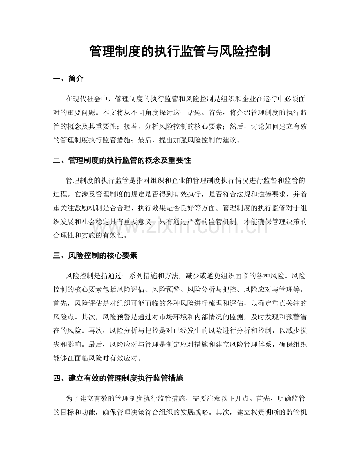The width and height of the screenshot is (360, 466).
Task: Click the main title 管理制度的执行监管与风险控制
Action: coord(180,51)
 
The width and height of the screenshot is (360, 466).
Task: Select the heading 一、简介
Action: coord(68,79)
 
